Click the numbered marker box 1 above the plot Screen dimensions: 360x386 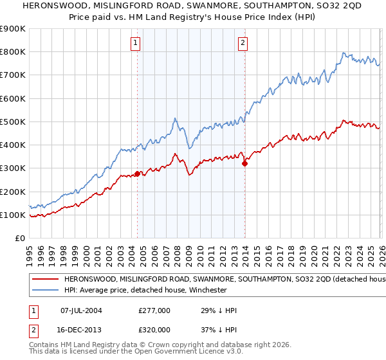136,43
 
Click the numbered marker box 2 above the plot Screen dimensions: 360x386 243,43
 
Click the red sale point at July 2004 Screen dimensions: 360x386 137,174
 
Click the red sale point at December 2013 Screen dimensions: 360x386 244,163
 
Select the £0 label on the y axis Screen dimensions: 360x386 19,238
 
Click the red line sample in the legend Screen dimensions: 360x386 45,280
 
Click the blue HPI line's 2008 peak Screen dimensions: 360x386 175,118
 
